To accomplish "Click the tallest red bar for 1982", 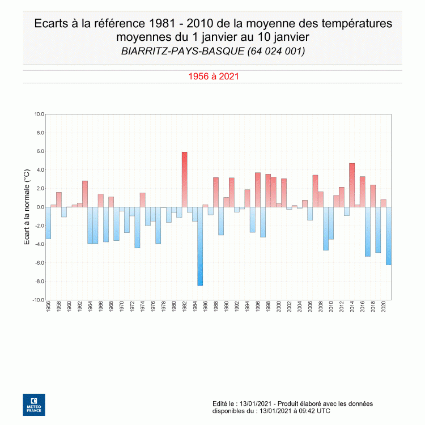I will [184, 179].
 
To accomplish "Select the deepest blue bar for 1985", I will [200, 246].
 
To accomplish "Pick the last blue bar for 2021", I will [388, 236].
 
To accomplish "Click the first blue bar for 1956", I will [48, 223].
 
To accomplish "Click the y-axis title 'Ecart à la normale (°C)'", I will [26, 207].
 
